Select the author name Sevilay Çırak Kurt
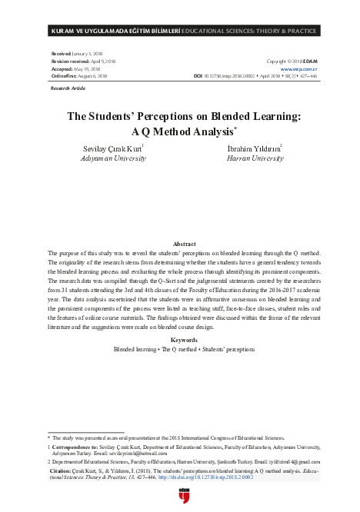click(x=113, y=147)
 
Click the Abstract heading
click(x=179, y=242)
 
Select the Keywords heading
click(x=179, y=339)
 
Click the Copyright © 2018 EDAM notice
click(x=292, y=60)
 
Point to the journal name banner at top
click(x=180, y=31)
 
